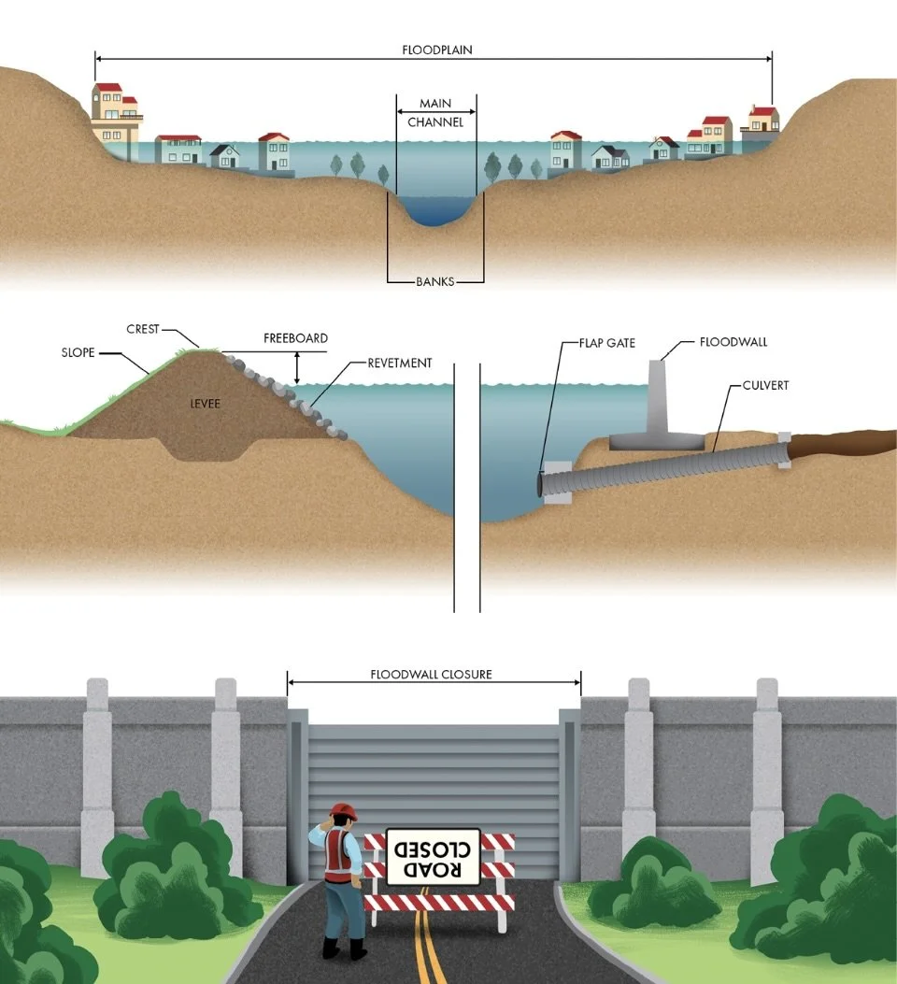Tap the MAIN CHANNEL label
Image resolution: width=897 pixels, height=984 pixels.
[x=435, y=113]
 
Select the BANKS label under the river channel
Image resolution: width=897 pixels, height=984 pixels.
[x=435, y=281]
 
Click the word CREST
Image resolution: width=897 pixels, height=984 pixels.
[x=143, y=329]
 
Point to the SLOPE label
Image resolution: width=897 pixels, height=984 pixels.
[x=78, y=353]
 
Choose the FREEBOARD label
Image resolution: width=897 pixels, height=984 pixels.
[x=295, y=338]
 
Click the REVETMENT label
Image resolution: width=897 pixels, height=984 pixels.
[x=399, y=363]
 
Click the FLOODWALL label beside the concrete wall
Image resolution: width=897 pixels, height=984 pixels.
[x=733, y=342]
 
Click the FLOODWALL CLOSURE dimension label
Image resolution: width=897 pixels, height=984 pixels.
[x=431, y=674]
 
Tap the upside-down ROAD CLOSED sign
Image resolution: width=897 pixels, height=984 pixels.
[x=433, y=856]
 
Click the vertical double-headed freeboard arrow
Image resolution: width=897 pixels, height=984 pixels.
[x=297, y=368]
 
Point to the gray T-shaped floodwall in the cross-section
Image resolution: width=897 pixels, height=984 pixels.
[x=662, y=402]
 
